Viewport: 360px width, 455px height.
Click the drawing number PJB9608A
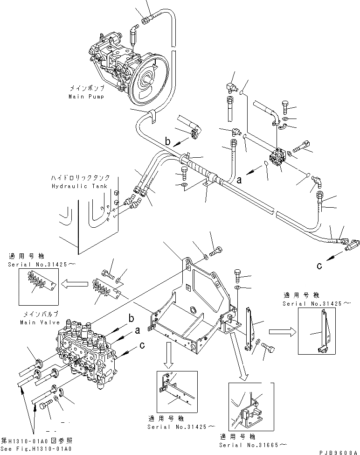point(339,452)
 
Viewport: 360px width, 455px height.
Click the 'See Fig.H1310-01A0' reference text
point(36,448)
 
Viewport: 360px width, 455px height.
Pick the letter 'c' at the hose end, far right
point(320,266)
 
